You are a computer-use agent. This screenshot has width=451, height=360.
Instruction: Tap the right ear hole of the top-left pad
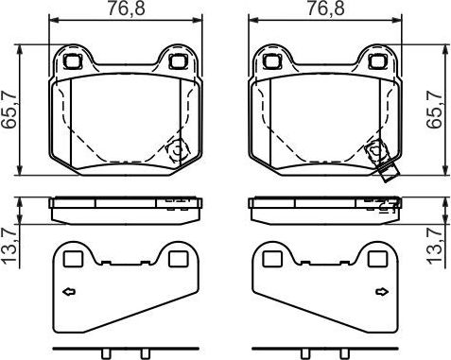pyautogui.click(x=177, y=62)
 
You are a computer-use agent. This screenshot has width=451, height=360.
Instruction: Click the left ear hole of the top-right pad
pyautogui.click(x=273, y=62)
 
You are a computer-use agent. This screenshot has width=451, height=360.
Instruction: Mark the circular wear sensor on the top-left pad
pyautogui.click(x=177, y=150)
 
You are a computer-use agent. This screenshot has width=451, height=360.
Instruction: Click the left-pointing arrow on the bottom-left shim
pyautogui.click(x=68, y=293)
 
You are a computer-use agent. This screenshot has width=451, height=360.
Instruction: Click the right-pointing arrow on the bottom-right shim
pyautogui.click(x=383, y=293)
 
